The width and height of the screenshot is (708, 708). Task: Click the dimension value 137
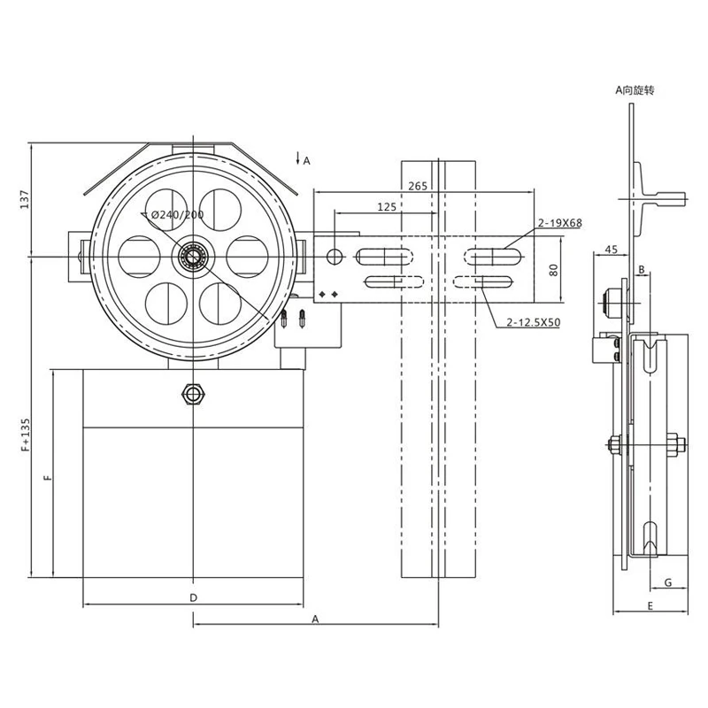(x=25, y=199)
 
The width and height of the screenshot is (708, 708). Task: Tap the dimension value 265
(x=419, y=185)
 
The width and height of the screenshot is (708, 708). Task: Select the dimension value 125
(x=386, y=206)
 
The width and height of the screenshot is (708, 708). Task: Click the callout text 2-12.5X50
(x=534, y=323)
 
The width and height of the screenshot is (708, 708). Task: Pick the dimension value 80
(x=555, y=269)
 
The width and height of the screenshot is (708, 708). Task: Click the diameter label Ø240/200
(x=178, y=214)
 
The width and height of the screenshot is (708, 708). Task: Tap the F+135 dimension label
(x=25, y=435)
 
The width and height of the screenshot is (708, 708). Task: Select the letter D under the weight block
(x=193, y=597)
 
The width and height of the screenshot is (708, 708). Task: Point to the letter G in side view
(x=668, y=581)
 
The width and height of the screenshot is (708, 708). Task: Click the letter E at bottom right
(x=650, y=605)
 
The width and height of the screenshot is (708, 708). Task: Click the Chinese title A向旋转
(x=634, y=90)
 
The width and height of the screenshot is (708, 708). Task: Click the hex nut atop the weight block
(x=192, y=393)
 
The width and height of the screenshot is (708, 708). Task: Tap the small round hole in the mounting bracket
(x=334, y=257)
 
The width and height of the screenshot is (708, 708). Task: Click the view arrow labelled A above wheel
(x=302, y=160)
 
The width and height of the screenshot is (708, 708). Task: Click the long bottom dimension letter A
(x=314, y=619)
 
